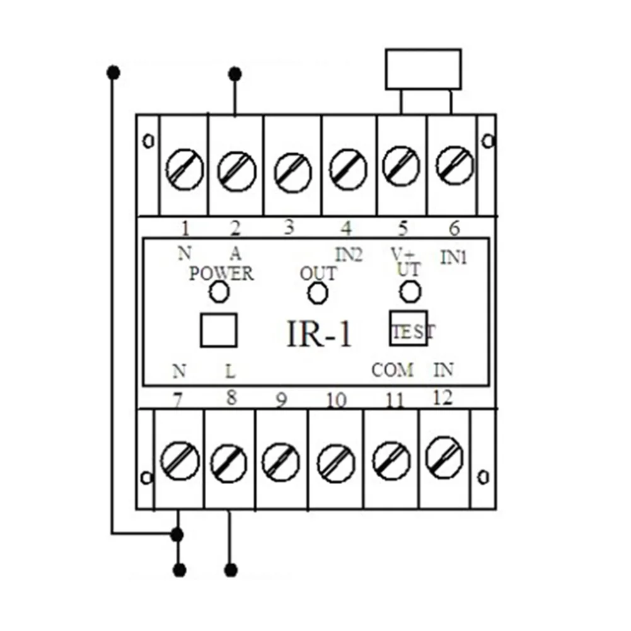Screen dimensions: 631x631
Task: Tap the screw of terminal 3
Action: (293, 171)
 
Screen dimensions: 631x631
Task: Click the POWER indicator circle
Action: (219, 292)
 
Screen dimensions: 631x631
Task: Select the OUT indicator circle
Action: (317, 292)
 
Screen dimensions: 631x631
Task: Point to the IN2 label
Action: (348, 254)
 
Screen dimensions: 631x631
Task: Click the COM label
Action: (392, 370)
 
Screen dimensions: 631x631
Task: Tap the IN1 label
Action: (453, 257)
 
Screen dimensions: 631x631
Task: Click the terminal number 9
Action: (282, 400)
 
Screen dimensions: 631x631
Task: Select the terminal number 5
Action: (403, 227)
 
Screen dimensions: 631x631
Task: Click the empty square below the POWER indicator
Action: (218, 330)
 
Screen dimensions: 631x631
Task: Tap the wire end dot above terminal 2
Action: (235, 74)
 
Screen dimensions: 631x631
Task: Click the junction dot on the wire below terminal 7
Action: (178, 535)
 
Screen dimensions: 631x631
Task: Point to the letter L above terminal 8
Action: (231, 372)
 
